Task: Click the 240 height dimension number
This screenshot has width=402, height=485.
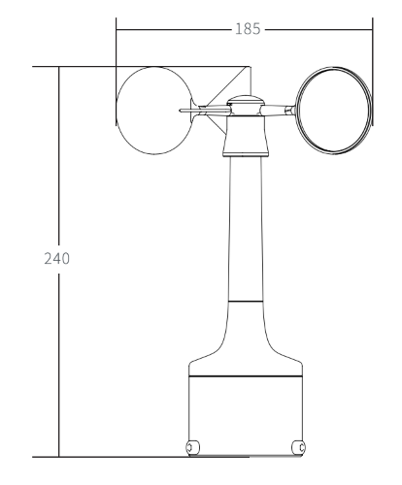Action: point(58,260)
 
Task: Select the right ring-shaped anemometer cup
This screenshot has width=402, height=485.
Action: point(334,112)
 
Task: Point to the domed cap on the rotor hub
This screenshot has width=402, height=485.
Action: point(246,100)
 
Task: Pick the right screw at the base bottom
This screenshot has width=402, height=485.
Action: point(300,446)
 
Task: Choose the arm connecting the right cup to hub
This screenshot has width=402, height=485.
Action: point(283,111)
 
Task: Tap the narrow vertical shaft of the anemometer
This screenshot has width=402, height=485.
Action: point(246,233)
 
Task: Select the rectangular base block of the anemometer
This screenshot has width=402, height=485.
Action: point(246,407)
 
